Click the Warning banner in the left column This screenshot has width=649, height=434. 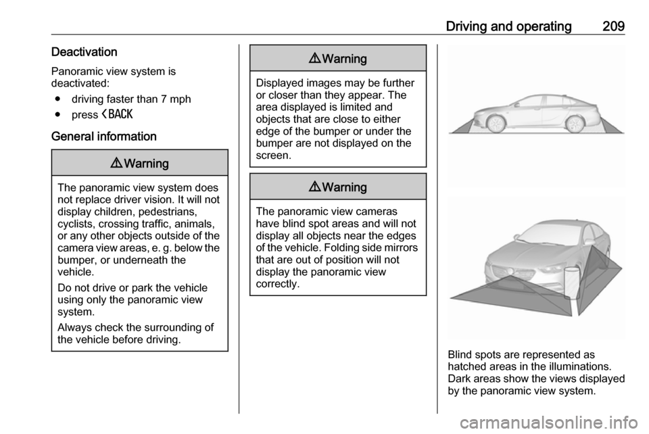140,163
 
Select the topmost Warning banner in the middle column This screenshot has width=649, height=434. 338,59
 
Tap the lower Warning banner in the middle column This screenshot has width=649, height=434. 338,187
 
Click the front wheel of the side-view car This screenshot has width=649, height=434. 496,124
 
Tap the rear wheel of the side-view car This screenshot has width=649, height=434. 575,124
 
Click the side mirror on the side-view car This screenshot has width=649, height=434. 515,104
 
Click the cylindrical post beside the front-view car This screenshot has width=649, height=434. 572,283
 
